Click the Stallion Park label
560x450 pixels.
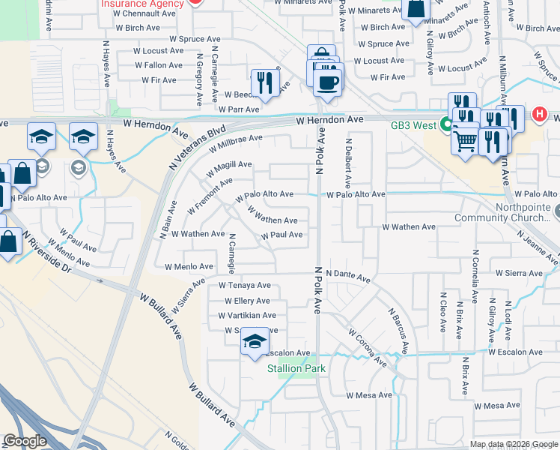pyautogui.click(x=296, y=368)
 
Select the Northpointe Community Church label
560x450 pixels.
pyautogui.click(x=517, y=212)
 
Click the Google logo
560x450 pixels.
pyautogui.click(x=25, y=441)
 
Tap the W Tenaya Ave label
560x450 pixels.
pyautogui.click(x=244, y=286)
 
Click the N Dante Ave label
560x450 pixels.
pyautogui.click(x=348, y=276)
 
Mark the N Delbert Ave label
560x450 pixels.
pyautogui.click(x=348, y=163)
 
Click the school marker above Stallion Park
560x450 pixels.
pyautogui.click(x=255, y=342)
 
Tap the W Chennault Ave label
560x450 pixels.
pyautogui.click(x=147, y=13)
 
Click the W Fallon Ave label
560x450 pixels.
pyautogui.click(x=159, y=65)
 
